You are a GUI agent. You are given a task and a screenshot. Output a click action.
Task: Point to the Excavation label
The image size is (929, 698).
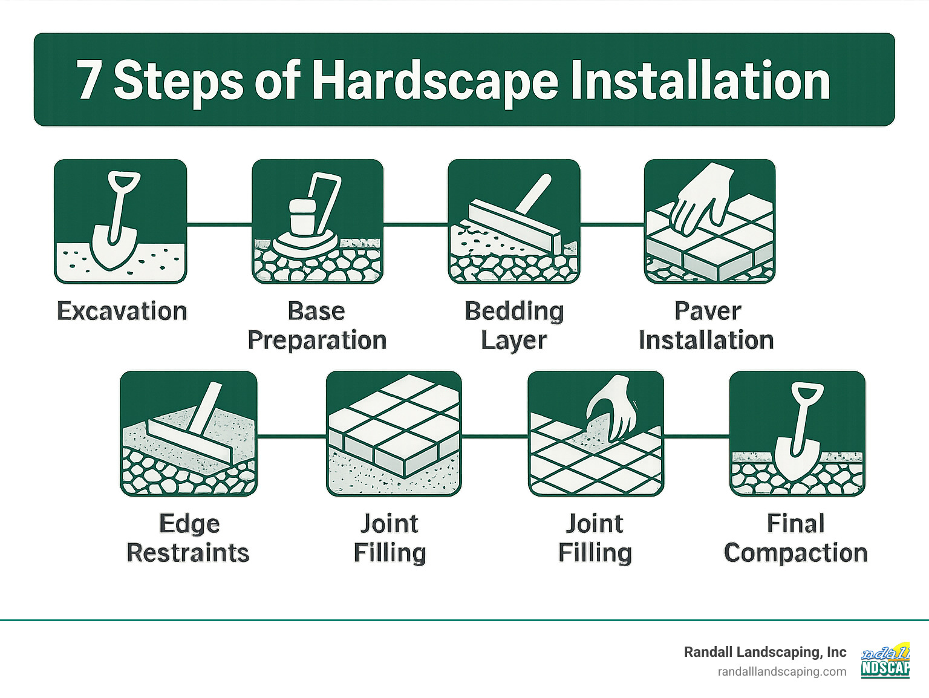pyautogui.click(x=122, y=311)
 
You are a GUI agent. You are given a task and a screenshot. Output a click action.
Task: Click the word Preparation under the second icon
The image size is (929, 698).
pyautogui.click(x=317, y=341)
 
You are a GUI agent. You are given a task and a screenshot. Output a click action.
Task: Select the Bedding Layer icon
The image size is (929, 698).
pyautogui.click(x=513, y=221)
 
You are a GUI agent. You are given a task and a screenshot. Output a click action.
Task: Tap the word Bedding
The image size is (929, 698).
pyautogui.click(x=514, y=311)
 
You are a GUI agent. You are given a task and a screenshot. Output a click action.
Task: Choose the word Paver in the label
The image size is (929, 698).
pyautogui.click(x=707, y=311)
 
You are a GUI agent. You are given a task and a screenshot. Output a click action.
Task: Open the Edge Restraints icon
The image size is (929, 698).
pyautogui.click(x=189, y=434)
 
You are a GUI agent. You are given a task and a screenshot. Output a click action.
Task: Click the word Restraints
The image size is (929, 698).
pyautogui.click(x=188, y=553)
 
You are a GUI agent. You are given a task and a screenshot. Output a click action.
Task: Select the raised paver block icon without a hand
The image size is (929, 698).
pyautogui.click(x=394, y=434)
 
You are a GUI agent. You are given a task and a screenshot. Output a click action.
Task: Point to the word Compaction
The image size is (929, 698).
pyautogui.click(x=795, y=553)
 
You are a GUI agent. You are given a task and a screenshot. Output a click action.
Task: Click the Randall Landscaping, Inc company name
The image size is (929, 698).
pyautogui.click(x=764, y=652)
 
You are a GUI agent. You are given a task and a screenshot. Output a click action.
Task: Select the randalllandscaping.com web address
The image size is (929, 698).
pyautogui.click(x=781, y=671)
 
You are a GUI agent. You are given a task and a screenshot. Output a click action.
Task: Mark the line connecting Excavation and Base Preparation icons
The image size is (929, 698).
pyautogui.click(x=219, y=224)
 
